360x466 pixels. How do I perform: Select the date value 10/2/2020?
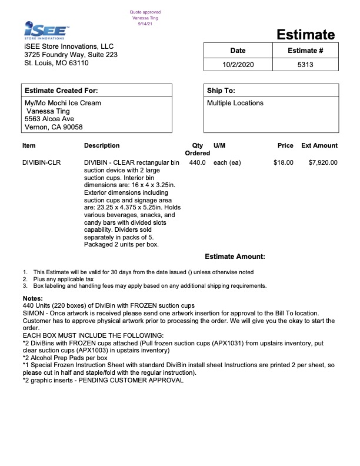pos(238,65)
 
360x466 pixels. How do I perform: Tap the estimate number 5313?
pos(305,65)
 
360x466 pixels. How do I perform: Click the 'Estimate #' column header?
pos(305,51)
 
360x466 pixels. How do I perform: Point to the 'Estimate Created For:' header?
pos(61,91)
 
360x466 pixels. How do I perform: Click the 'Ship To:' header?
pos(221,91)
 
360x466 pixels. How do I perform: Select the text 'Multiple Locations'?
pos(235,103)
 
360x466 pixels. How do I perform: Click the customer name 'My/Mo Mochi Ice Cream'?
pos(62,103)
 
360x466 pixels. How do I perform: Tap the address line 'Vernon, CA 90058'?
pos(54,127)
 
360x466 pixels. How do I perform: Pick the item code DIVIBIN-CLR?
pos(41,162)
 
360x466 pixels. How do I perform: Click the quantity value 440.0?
pos(197,162)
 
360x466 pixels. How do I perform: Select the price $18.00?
pos(283,162)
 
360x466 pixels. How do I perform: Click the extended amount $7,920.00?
pos(323,162)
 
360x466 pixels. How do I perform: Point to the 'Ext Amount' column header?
pos(319,145)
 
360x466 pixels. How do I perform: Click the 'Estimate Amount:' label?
pos(235,257)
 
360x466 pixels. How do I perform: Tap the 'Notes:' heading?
pos(33,299)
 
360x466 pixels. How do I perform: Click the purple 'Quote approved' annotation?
pos(145,12)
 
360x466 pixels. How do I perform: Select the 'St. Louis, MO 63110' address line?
pos(56,63)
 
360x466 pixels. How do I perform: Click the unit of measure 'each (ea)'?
pos(227,162)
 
